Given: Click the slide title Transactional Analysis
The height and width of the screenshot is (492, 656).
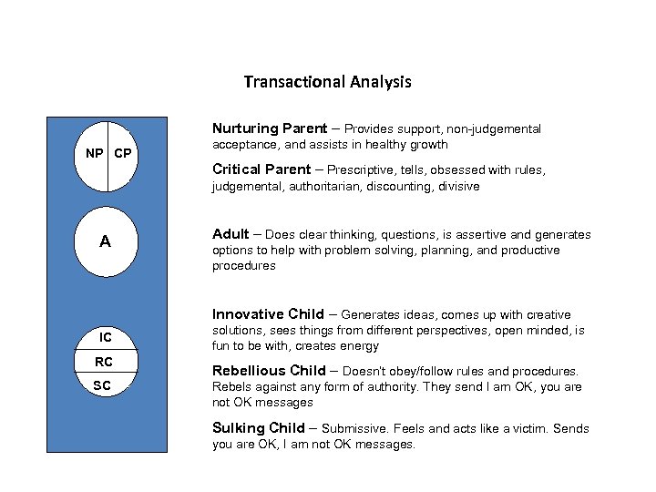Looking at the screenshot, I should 327,82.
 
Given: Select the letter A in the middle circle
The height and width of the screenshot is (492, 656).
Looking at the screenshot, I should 106,241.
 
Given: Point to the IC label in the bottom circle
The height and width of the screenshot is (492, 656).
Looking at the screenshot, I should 106,338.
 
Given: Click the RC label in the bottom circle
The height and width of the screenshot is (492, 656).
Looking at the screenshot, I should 104,363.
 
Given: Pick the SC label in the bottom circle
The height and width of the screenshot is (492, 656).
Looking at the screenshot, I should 103,386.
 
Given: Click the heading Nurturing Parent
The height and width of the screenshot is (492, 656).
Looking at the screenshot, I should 269,128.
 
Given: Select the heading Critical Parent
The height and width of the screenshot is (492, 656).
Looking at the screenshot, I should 261,169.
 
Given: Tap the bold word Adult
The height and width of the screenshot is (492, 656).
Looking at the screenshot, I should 231,234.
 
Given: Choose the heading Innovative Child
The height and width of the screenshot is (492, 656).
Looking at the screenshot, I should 268,314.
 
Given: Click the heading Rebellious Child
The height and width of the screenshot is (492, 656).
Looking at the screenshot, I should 268,371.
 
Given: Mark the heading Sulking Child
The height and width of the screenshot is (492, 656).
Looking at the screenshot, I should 259,428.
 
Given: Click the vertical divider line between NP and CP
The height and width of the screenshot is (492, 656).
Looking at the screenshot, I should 108,155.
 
